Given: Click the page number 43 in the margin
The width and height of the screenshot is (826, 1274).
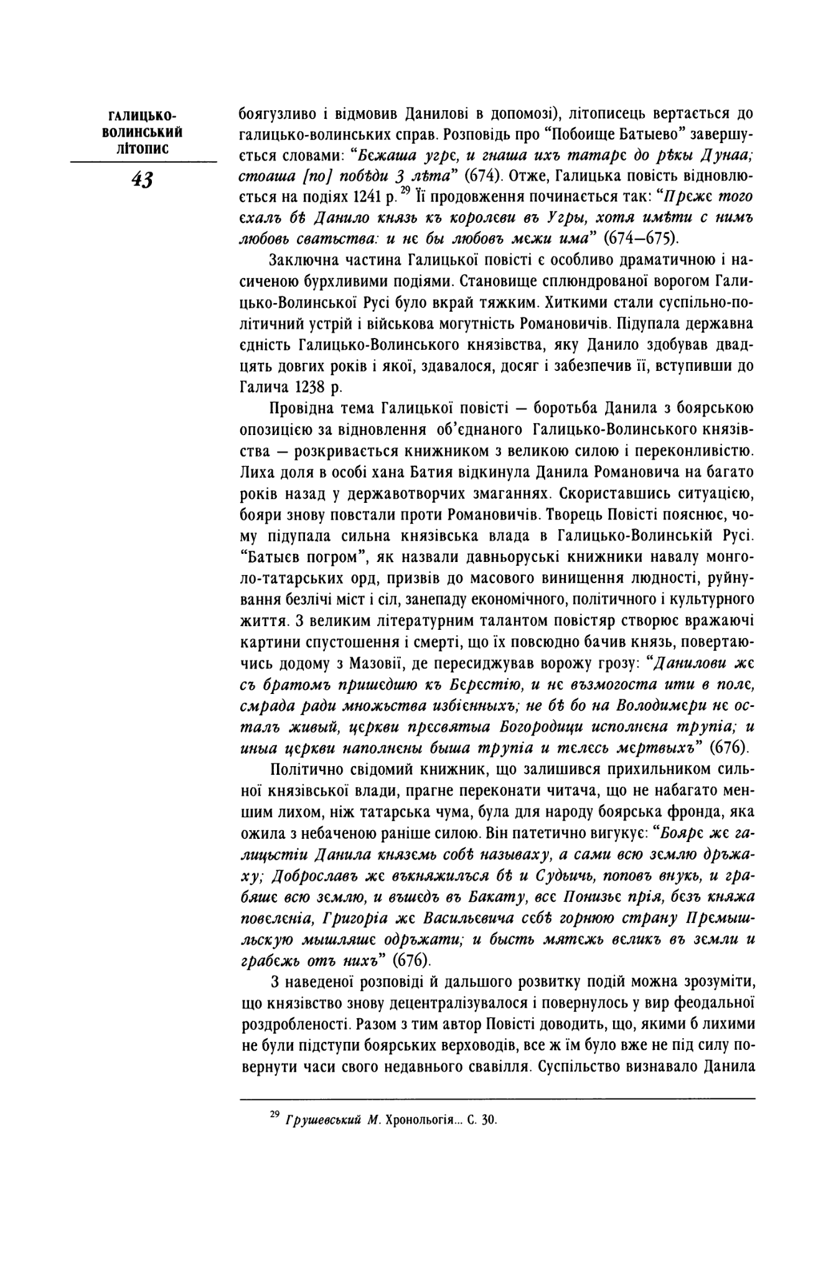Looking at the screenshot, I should coord(143,179).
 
